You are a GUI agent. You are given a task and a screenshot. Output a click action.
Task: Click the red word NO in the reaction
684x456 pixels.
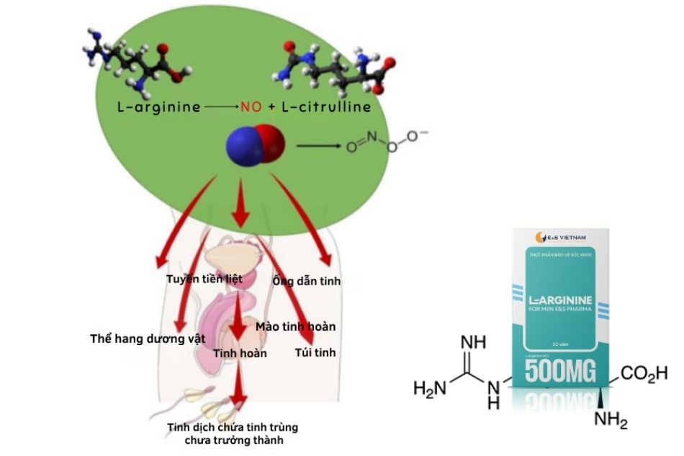pos(251,107)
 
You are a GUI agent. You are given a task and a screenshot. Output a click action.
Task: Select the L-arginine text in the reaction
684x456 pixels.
pos(158,107)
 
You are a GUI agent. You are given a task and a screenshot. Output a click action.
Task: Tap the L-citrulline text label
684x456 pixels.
pos(325,107)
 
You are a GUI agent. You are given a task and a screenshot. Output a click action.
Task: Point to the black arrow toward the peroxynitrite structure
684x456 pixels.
pos(320,146)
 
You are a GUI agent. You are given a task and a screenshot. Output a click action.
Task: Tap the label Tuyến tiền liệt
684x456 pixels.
pos(204,278)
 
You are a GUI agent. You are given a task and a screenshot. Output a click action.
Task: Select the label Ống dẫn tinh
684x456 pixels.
pos(306,281)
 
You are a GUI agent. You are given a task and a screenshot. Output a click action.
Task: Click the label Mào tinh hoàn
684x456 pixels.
pos(295,326)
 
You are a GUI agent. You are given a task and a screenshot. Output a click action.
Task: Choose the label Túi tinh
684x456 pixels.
pos(315,353)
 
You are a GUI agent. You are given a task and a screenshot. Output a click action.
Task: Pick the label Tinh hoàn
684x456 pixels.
pos(240,353)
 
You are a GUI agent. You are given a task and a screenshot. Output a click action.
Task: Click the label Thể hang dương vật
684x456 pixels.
pos(148,338)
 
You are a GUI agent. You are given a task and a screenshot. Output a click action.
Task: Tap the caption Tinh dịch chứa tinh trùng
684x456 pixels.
pos(233,427)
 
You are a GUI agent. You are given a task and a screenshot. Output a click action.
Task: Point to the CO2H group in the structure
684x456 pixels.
pos(644,373)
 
